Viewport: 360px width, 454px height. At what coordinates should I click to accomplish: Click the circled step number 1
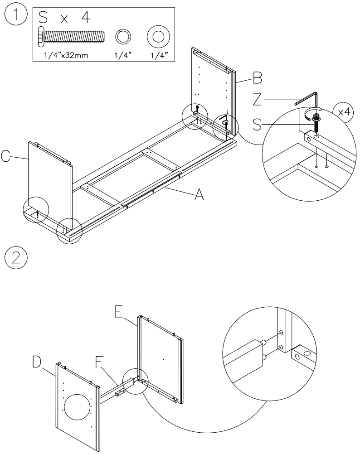(15, 17)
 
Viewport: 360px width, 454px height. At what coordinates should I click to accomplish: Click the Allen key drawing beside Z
(308, 99)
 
